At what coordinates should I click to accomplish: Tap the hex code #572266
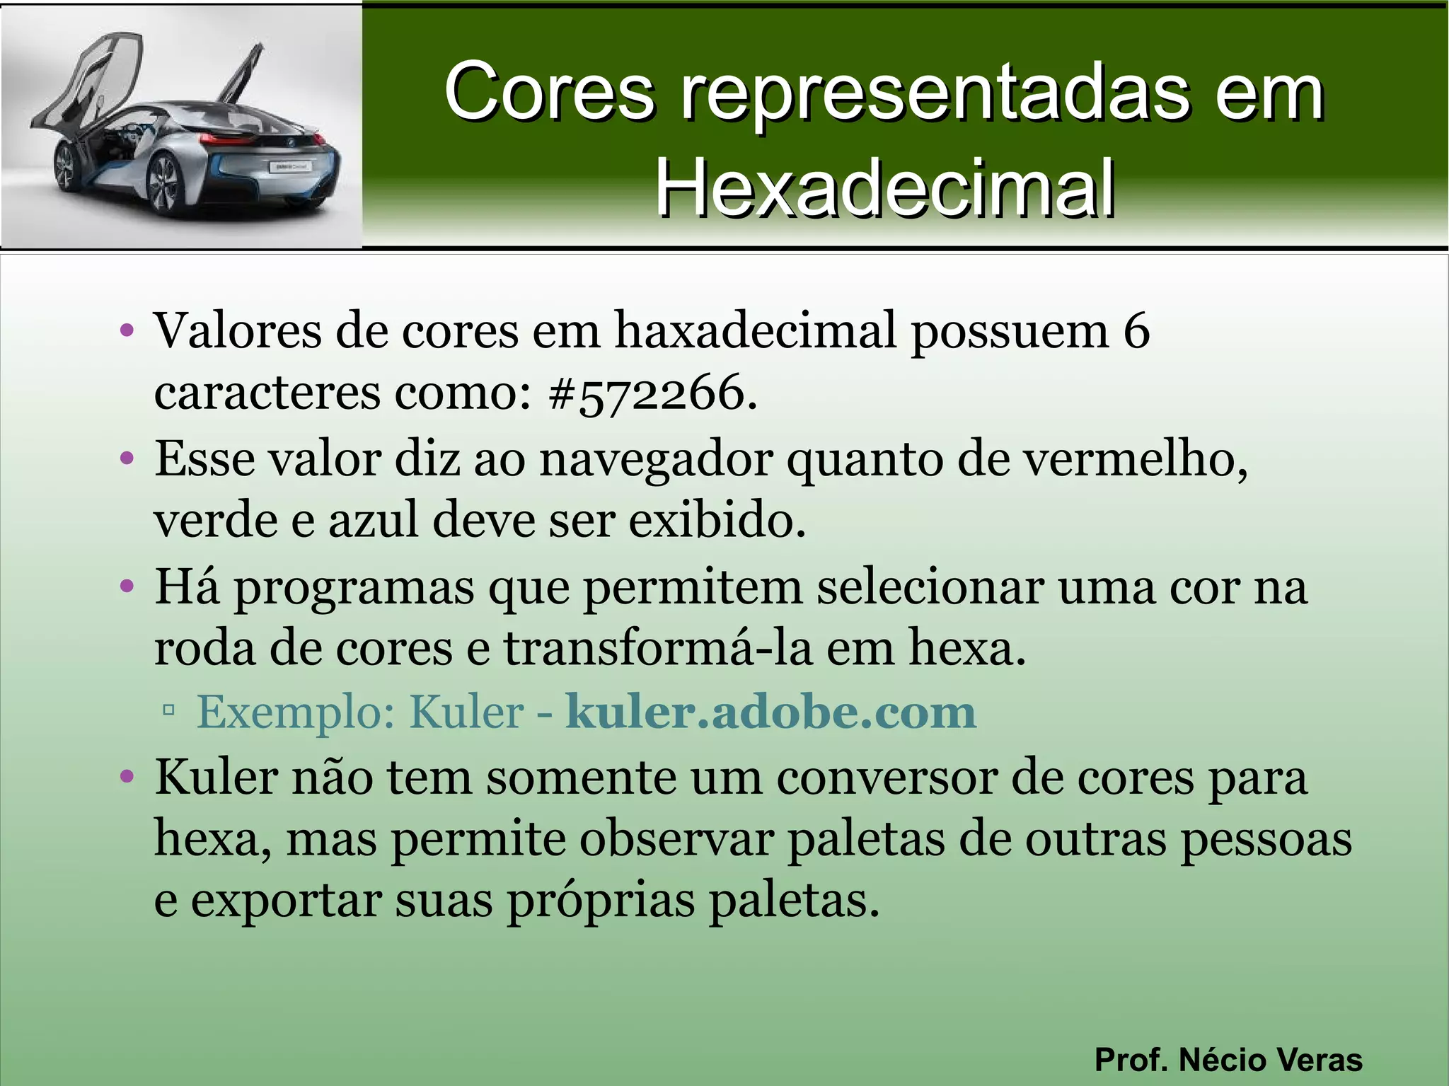[x=647, y=393]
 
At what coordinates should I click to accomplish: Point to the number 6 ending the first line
[x=1136, y=330]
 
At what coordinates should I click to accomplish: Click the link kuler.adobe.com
[x=770, y=712]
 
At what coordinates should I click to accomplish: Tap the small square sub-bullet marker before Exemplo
[x=168, y=709]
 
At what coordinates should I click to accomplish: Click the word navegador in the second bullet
[x=655, y=459]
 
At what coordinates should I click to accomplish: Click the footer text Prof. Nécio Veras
[x=1228, y=1060]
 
